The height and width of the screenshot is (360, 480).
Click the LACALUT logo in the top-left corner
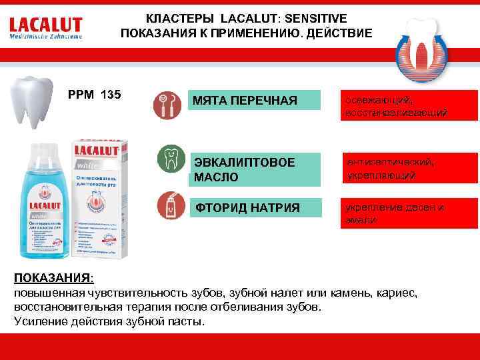[x=46, y=27]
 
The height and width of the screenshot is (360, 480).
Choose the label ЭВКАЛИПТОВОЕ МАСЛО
[x=235, y=169]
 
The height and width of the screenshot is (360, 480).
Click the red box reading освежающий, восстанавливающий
[x=409, y=105]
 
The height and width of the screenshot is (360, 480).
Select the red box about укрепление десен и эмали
[x=409, y=213]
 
